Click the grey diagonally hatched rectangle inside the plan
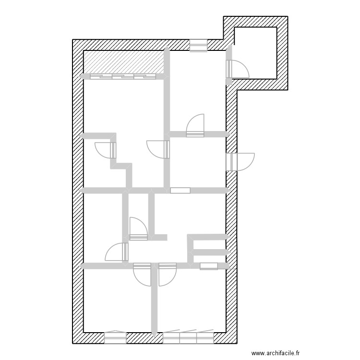tap(124, 62)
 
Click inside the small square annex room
tap(255, 53)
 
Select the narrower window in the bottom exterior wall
tap(115, 338)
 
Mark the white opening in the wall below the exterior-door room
tap(180, 190)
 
